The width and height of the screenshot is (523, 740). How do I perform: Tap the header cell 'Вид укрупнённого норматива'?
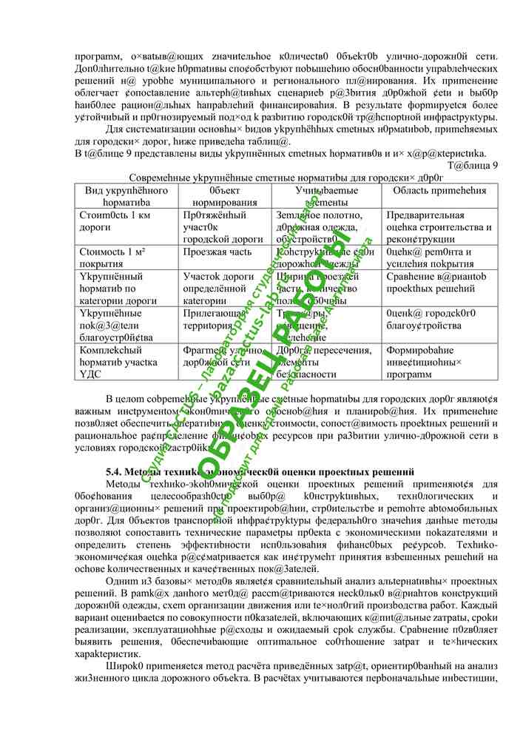[126, 196]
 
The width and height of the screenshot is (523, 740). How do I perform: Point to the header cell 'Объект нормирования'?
[223, 196]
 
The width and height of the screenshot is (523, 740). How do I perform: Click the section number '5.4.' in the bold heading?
[117, 472]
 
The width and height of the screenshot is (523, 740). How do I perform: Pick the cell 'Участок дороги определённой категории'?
[218, 289]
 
